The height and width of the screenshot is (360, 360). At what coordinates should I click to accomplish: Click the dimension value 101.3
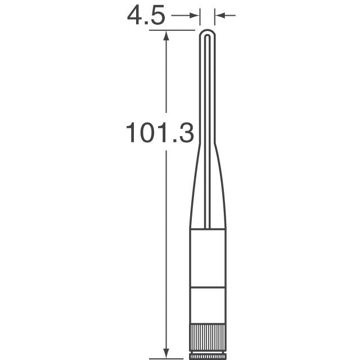pos(160,133)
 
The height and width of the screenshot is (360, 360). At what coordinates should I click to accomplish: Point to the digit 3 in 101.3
pos(186,133)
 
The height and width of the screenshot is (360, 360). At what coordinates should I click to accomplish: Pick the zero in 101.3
pos(147,133)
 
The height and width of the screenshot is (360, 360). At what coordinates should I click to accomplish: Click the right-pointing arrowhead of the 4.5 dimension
pos(195,16)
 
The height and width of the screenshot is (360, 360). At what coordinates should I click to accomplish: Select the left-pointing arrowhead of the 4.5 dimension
pos(220,16)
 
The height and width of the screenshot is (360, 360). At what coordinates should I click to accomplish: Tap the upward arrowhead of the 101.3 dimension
pos(166,35)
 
